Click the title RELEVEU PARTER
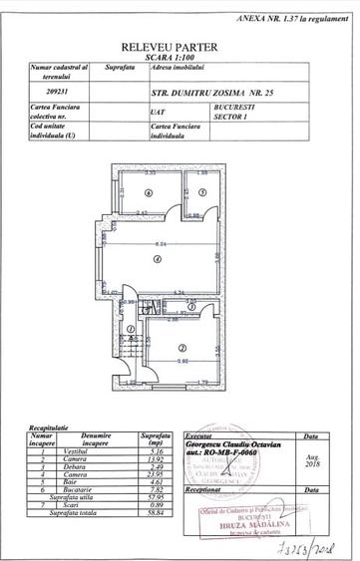click(x=180, y=47)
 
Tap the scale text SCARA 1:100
click(x=180, y=57)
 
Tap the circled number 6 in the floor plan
click(x=148, y=192)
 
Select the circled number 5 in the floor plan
click(x=200, y=192)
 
